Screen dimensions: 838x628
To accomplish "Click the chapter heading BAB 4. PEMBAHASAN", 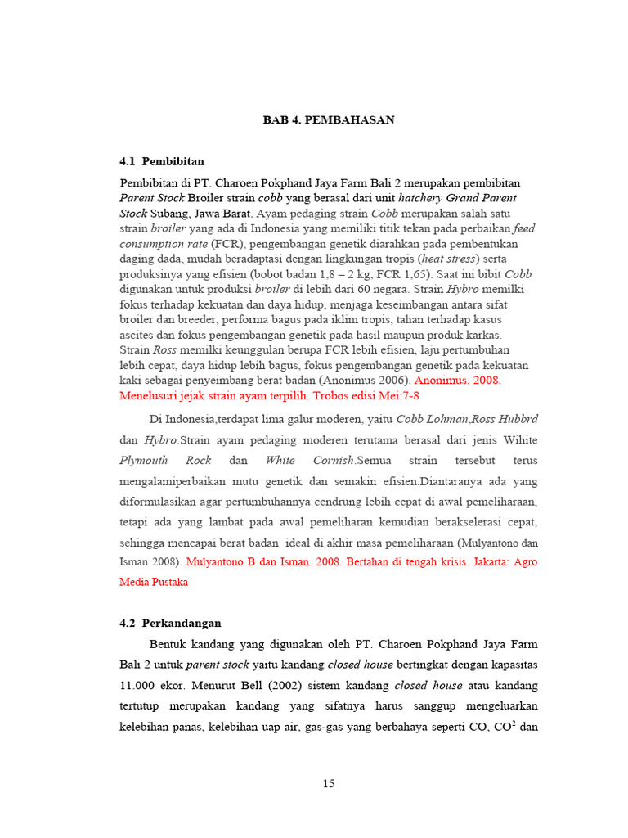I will (x=329, y=120).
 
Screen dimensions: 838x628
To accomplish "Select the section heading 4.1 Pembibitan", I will (x=162, y=161).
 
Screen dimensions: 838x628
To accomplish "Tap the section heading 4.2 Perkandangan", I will (x=169, y=623).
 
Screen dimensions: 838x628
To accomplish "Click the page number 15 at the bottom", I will (x=328, y=783).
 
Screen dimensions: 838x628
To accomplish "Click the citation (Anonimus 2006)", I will (x=366, y=381).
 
